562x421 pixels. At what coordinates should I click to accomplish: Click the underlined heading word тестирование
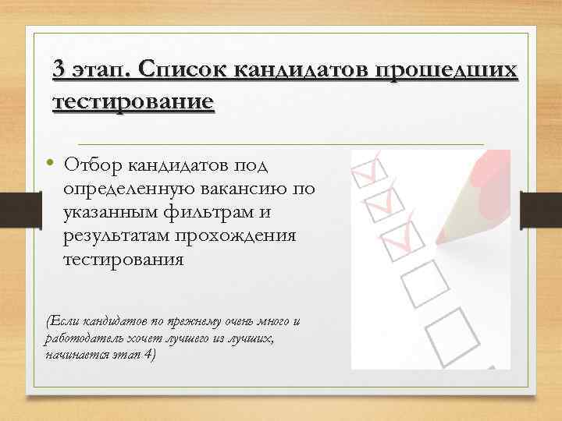point(132,102)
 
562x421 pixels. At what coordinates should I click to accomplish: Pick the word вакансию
point(251,189)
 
